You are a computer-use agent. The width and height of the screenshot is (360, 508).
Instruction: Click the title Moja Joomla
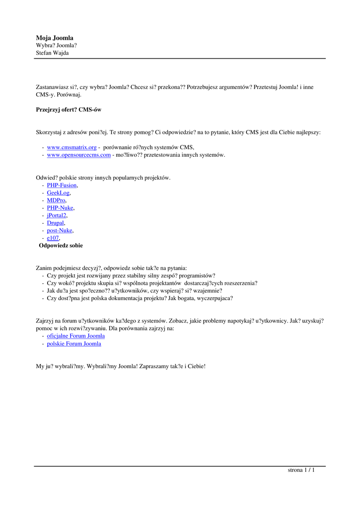click(55, 38)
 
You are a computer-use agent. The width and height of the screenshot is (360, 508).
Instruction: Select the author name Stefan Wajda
click(52, 53)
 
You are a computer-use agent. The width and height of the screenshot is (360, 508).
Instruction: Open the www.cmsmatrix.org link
click(72, 147)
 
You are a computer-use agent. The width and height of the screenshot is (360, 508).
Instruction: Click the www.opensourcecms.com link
click(78, 155)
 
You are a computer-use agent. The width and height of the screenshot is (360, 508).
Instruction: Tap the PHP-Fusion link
click(62, 185)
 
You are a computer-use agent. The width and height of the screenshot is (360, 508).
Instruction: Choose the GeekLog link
click(58, 192)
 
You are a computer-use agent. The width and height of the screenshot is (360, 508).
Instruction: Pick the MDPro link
click(56, 200)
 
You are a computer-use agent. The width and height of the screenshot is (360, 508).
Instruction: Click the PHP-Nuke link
click(60, 208)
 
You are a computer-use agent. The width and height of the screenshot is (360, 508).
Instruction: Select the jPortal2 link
click(57, 215)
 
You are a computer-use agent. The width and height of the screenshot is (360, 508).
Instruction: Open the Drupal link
click(56, 223)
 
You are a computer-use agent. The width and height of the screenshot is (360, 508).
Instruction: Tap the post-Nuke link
click(60, 230)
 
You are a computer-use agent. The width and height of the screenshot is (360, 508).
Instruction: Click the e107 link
click(53, 238)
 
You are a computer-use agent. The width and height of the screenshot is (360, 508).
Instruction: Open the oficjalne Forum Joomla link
click(75, 336)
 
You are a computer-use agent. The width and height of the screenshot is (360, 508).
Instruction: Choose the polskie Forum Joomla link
click(74, 343)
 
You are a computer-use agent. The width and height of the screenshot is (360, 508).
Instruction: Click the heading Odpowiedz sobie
click(61, 246)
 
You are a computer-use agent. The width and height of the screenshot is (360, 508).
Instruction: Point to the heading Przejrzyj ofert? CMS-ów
click(69, 110)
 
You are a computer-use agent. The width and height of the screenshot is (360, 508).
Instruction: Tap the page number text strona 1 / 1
click(301, 470)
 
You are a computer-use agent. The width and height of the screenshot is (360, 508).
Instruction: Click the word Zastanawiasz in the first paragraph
click(52, 87)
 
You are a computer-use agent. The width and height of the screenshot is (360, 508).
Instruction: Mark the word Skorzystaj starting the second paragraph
click(49, 132)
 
